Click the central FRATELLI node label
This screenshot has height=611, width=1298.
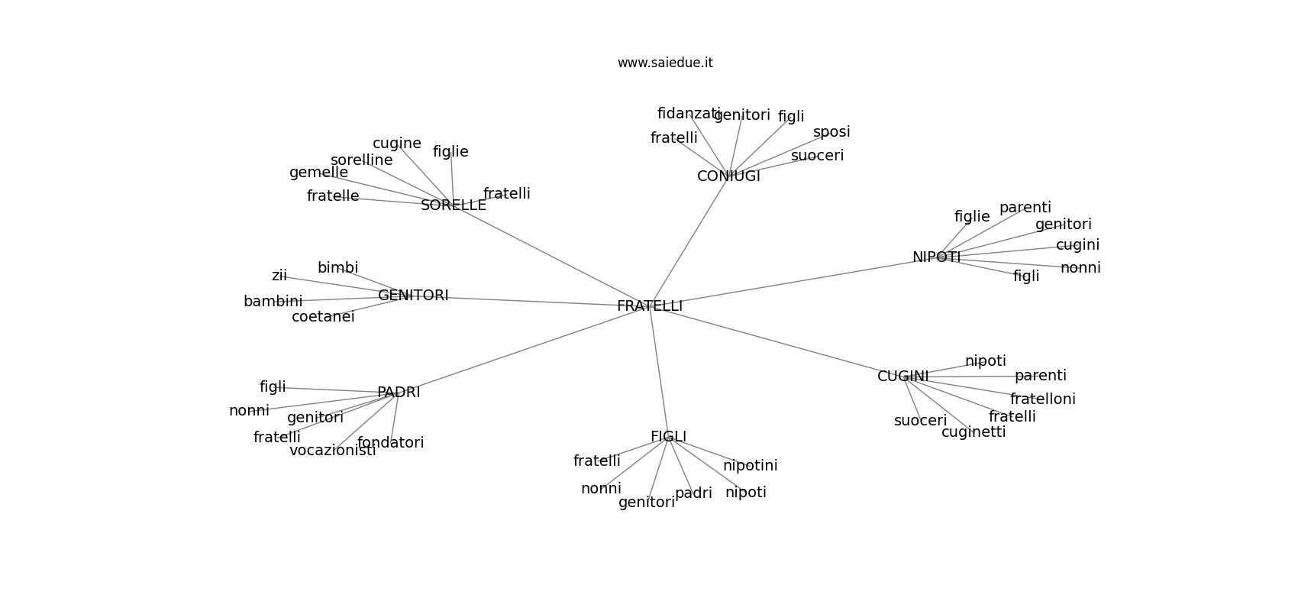650,306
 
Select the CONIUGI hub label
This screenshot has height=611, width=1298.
728,176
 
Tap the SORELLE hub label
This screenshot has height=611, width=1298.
453,205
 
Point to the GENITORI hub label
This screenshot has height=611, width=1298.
413,296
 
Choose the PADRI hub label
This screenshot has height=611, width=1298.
399,393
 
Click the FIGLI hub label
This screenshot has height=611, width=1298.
668,437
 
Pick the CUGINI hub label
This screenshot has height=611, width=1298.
902,377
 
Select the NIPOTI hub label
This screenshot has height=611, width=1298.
936,257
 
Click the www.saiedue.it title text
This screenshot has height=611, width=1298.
665,63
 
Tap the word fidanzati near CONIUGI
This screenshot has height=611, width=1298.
689,114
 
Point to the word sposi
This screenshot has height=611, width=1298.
831,132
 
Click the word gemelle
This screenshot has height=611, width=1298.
318,173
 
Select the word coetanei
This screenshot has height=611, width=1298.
323,316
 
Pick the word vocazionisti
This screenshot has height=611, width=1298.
333,451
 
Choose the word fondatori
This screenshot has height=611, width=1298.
391,443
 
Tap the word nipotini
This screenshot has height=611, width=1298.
751,465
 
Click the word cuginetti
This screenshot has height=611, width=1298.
973,432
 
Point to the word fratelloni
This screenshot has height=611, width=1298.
1042,399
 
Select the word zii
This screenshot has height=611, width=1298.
279,276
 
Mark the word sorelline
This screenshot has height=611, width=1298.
362,160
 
